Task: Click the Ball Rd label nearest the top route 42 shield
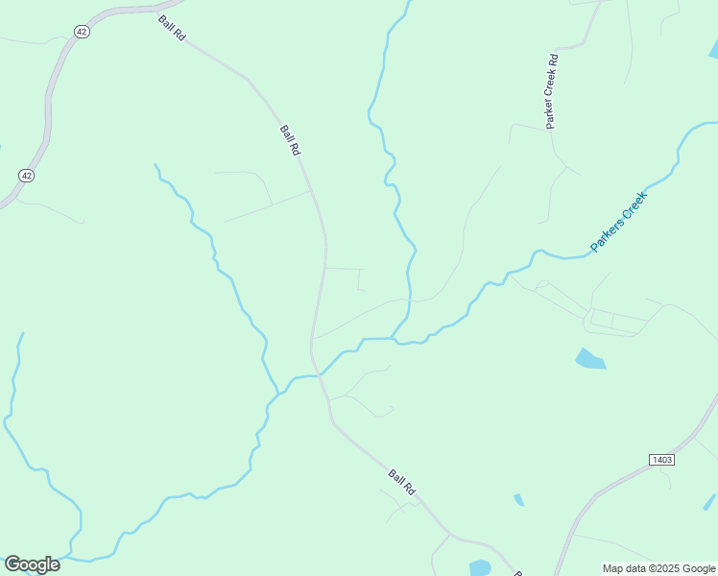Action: tap(174, 27)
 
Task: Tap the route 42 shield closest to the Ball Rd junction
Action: tap(82, 32)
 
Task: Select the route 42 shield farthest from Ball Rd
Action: tap(26, 176)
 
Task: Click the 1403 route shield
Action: tap(661, 460)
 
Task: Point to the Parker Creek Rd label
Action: tap(552, 92)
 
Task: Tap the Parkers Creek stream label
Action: tap(619, 222)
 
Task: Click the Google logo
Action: tap(32, 564)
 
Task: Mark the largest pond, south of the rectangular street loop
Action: tap(589, 360)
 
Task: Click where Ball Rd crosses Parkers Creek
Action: tap(318, 375)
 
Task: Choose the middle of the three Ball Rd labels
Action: tap(291, 140)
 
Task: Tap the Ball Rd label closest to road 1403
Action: tap(402, 481)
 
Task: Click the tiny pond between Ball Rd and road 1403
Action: tap(518, 500)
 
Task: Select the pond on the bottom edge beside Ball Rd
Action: tap(480, 567)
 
